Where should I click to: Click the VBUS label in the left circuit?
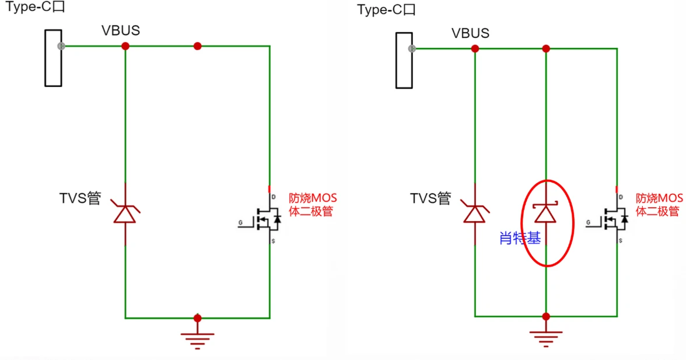click(121, 30)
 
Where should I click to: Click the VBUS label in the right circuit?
click(471, 33)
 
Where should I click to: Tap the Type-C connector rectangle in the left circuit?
click(53, 58)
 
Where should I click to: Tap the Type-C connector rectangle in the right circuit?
click(404, 60)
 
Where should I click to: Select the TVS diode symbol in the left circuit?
click(125, 214)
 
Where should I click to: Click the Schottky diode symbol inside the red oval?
click(546, 214)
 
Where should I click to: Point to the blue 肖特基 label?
click(520, 238)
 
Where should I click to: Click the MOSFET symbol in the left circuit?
click(266, 219)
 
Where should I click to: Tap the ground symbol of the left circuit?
click(198, 338)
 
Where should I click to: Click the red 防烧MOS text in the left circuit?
click(313, 198)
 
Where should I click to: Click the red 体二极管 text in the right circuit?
click(657, 211)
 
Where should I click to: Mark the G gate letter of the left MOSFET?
click(240, 222)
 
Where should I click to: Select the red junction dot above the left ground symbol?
click(198, 318)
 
